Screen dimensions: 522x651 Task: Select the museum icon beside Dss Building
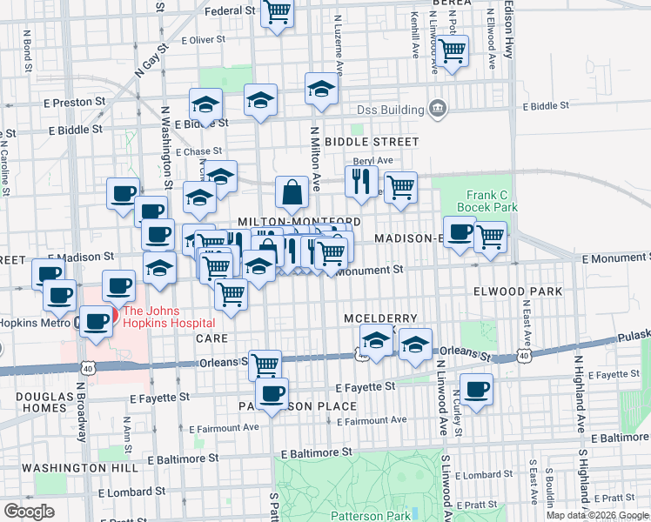[438, 109]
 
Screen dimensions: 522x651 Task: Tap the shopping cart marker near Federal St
[278, 13]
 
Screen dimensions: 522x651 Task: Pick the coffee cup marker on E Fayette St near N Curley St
[476, 389]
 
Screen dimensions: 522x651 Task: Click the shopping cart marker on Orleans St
[265, 364]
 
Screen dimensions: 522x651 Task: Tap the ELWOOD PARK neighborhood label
[517, 291]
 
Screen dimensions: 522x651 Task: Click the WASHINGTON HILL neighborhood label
[69, 467]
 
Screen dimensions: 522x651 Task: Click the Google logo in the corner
[29, 511]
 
